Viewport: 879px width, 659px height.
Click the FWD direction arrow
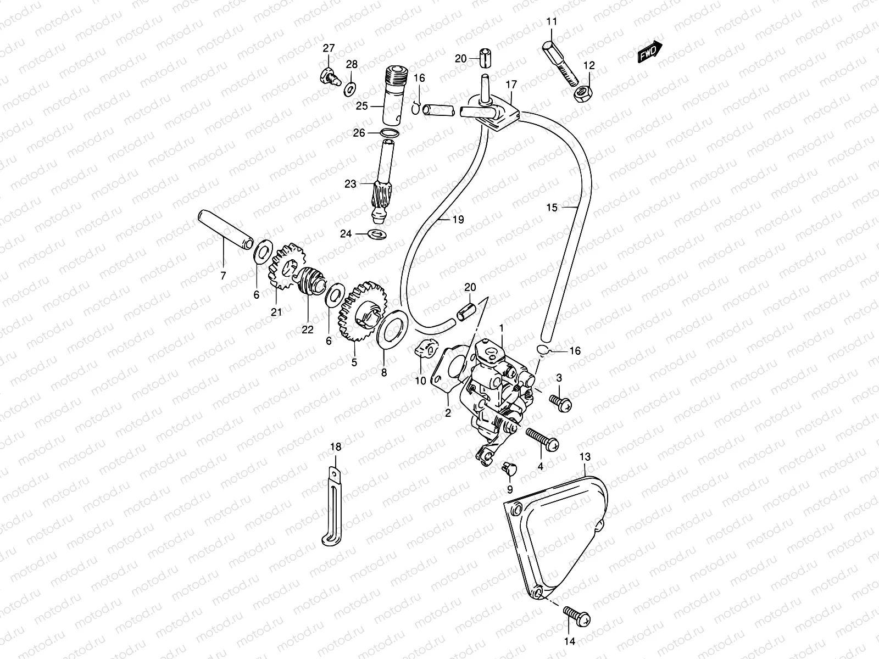tap(650, 53)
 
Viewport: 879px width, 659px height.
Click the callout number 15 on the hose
tap(552, 207)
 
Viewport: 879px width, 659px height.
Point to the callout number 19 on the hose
tap(458, 219)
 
